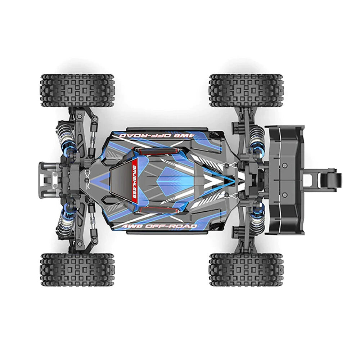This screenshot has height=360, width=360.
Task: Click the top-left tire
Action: (77, 90)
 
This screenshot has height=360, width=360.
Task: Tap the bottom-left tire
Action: (77, 269)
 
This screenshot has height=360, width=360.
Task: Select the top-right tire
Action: (246, 90)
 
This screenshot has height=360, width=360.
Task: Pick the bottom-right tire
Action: (246, 269)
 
